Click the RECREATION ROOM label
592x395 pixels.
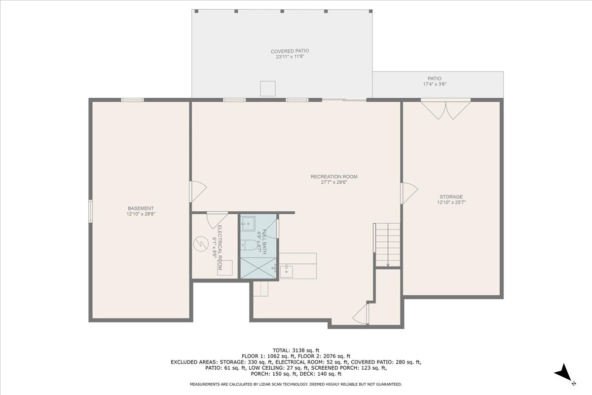point(333,177)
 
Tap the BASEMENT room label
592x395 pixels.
point(141,208)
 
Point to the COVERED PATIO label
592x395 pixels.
point(290,51)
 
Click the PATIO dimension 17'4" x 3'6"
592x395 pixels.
point(434,84)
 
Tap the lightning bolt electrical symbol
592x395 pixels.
point(201,243)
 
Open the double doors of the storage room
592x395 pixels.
point(445,110)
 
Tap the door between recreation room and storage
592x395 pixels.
point(409,192)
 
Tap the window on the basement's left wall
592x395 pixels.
point(90,211)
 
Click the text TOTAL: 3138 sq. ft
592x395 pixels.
point(296,350)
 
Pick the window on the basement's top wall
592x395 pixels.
point(132,100)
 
